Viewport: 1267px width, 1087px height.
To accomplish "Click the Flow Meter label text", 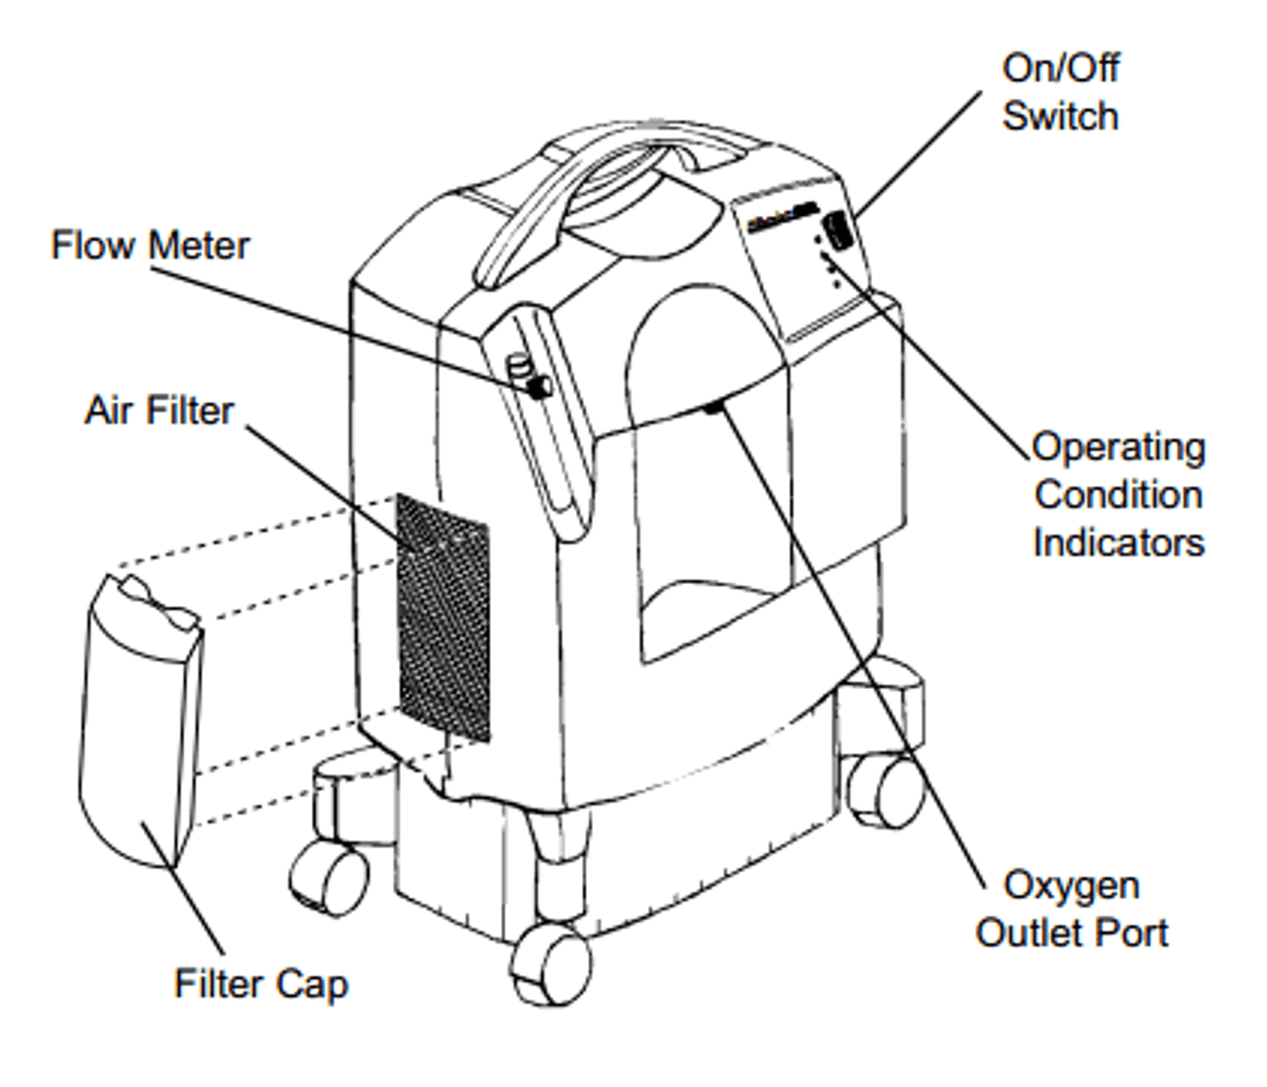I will click(x=149, y=246).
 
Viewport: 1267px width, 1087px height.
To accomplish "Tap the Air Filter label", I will click(x=158, y=410).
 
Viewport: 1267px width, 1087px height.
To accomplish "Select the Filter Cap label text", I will click(x=261, y=983).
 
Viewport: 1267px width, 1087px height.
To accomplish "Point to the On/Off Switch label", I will click(x=1060, y=92).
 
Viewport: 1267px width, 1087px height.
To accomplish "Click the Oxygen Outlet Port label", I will click(x=1071, y=909).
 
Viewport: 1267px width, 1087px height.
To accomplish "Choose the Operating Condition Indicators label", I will click(x=1119, y=495).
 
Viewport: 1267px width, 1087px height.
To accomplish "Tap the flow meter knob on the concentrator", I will click(x=537, y=384).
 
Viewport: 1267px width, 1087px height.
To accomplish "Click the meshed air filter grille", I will click(x=442, y=619).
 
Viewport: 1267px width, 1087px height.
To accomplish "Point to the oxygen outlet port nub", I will click(x=713, y=406).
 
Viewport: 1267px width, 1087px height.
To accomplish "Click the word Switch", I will click(x=1060, y=116).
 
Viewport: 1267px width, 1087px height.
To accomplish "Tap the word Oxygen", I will click(x=1071, y=885).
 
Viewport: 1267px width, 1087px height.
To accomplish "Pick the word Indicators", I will click(x=1119, y=543).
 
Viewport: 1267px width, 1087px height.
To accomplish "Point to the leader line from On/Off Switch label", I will click(x=916, y=153).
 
